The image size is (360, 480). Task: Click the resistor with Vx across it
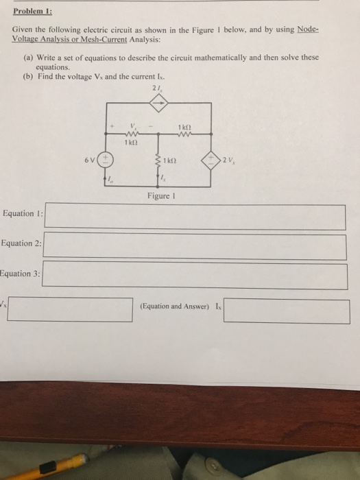pos(134,136)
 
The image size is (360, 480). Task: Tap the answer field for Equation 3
pos(195,276)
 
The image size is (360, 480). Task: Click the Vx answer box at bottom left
pos(71,309)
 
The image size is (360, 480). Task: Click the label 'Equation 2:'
pos(21,243)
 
